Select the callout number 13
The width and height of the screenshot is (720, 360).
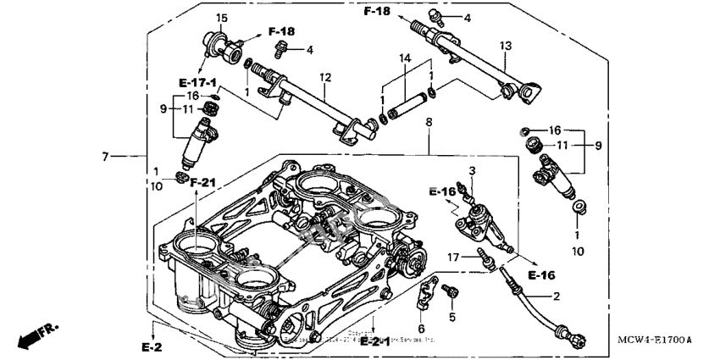tap(506, 45)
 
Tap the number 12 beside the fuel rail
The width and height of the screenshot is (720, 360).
tap(324, 77)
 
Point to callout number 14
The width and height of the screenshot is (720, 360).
tap(403, 57)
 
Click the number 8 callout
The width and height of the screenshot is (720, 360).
tap(429, 123)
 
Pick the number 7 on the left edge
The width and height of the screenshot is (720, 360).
tap(106, 157)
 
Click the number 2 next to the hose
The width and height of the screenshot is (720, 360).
tap(556, 297)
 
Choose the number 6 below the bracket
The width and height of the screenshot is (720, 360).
tap(421, 328)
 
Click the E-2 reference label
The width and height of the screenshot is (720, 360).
tap(152, 347)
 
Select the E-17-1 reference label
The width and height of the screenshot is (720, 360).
tap(197, 82)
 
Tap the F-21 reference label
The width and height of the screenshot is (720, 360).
tap(203, 182)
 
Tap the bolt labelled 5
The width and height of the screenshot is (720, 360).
tap(451, 291)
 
